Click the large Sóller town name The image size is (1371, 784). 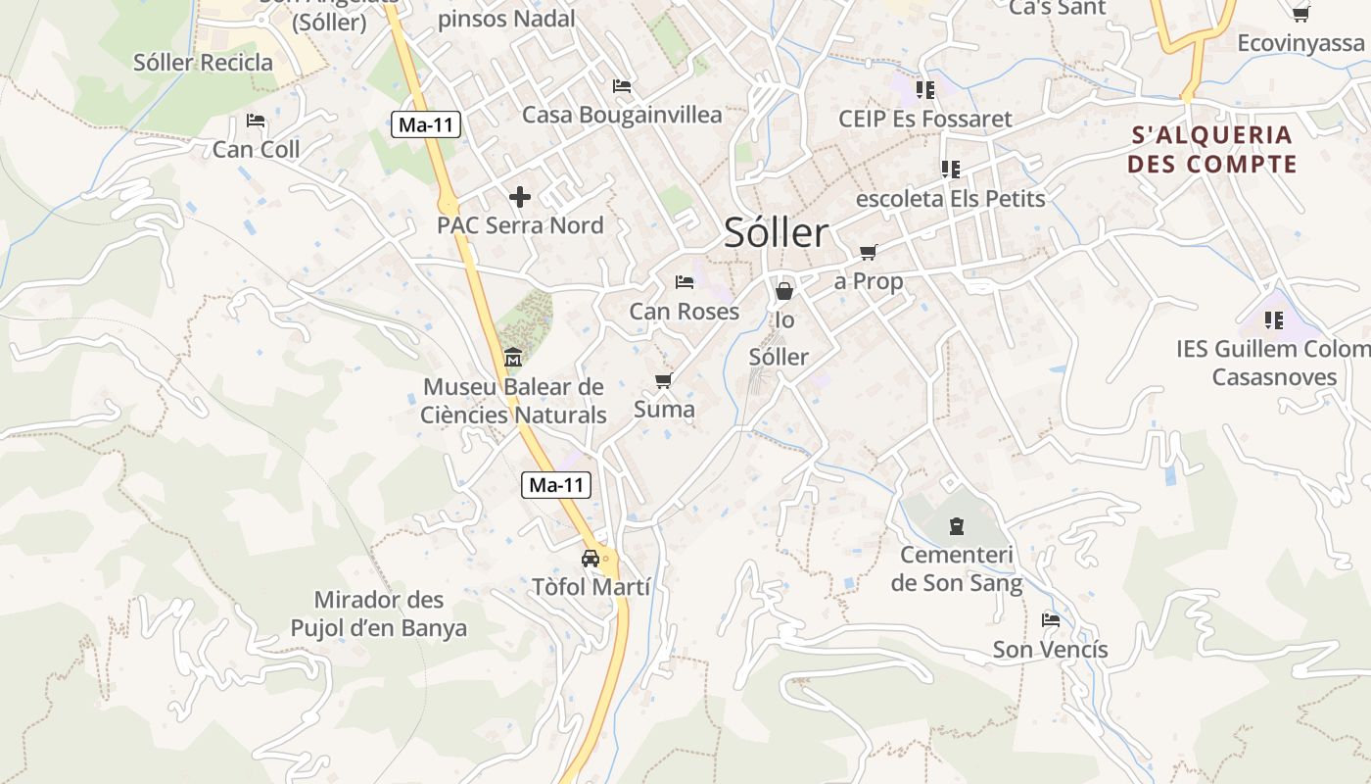[777, 233]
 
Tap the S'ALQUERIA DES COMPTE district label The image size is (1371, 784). [1212, 149]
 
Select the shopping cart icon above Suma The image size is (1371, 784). [664, 380]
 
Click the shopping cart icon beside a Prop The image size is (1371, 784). [868, 252]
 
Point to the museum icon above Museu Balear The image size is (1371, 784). [513, 358]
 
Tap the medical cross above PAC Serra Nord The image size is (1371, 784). [520, 196]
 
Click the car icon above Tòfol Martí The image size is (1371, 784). [591, 559]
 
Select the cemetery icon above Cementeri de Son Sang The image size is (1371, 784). [956, 526]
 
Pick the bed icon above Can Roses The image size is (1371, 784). [685, 282]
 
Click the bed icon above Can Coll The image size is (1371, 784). [256, 121]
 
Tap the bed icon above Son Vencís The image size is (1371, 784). [1051, 619]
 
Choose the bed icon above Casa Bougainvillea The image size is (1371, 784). [622, 86]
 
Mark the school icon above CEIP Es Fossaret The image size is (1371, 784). [925, 90]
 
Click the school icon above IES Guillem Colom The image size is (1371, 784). [1274, 319]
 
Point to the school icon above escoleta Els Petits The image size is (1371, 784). [950, 169]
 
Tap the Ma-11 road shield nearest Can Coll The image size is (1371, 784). [426, 124]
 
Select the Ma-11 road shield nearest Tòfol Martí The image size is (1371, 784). [556, 484]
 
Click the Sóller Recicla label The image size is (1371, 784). [204, 63]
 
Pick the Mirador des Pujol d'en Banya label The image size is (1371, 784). [379, 613]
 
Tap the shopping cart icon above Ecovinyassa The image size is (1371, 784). [1300, 14]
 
